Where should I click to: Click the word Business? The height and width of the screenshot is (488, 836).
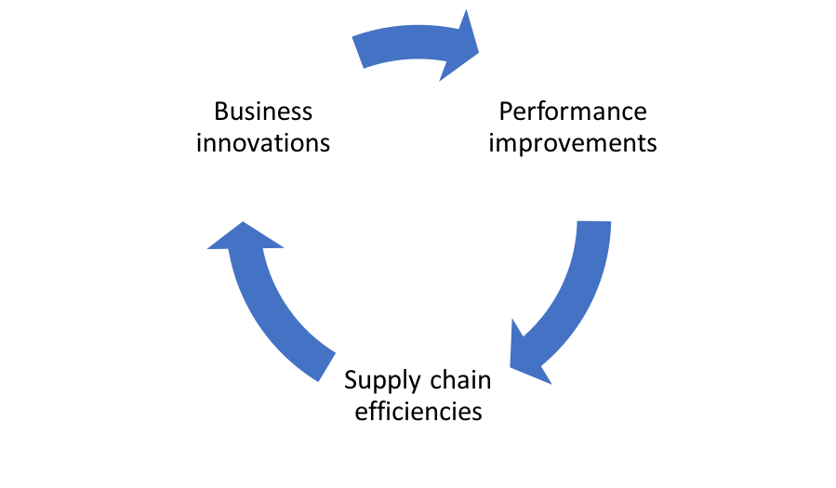pyautogui.click(x=263, y=112)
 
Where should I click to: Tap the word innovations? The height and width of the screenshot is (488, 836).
pyautogui.click(x=263, y=143)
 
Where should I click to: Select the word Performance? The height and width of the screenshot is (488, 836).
pyautogui.click(x=573, y=112)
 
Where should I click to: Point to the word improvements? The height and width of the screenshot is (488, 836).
pyautogui.click(x=573, y=144)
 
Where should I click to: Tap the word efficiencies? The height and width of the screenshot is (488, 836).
pyautogui.click(x=418, y=411)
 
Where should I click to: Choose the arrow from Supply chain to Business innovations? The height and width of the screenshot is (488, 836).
pyautogui.click(x=261, y=304)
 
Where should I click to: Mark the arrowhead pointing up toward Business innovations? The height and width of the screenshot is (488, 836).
pyautogui.click(x=245, y=237)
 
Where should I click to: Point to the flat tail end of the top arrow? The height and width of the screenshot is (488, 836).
pyautogui.click(x=358, y=52)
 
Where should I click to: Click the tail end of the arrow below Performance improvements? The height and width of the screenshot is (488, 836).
pyautogui.click(x=594, y=221)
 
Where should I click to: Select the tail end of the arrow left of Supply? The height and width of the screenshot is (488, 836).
pyautogui.click(x=326, y=367)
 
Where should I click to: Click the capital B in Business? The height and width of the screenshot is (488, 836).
pyautogui.click(x=222, y=112)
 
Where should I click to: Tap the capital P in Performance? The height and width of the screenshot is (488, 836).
pyautogui.click(x=506, y=112)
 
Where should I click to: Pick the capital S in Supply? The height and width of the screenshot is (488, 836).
pyautogui.click(x=352, y=380)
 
